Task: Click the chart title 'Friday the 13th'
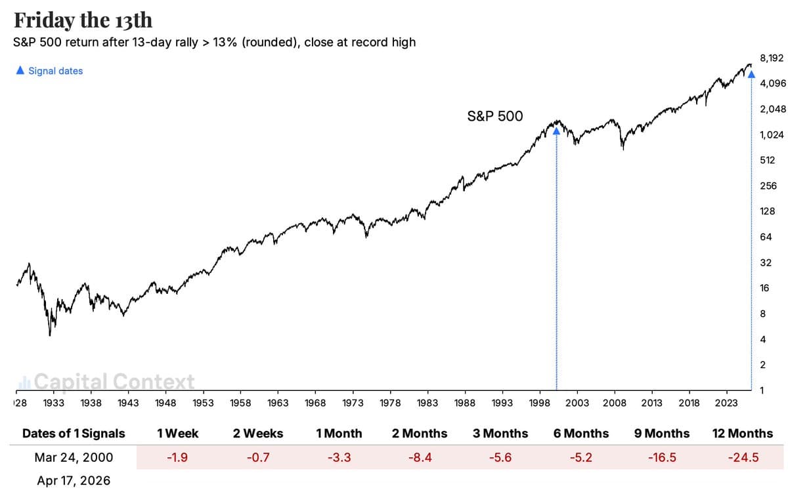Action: click(x=83, y=20)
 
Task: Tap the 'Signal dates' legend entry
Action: click(x=49, y=71)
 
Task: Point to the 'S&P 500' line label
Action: click(x=495, y=116)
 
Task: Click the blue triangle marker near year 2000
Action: click(x=556, y=131)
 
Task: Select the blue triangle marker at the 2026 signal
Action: click(x=751, y=74)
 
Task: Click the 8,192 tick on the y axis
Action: click(x=772, y=58)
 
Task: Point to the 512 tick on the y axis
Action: click(x=768, y=160)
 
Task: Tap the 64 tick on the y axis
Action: click(x=766, y=237)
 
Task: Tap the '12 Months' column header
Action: click(x=743, y=434)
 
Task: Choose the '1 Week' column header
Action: click(x=178, y=434)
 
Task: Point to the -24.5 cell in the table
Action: click(x=743, y=457)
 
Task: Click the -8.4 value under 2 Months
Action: click(x=419, y=457)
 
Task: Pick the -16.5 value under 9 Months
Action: click(x=661, y=457)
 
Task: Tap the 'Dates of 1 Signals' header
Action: click(x=74, y=434)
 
